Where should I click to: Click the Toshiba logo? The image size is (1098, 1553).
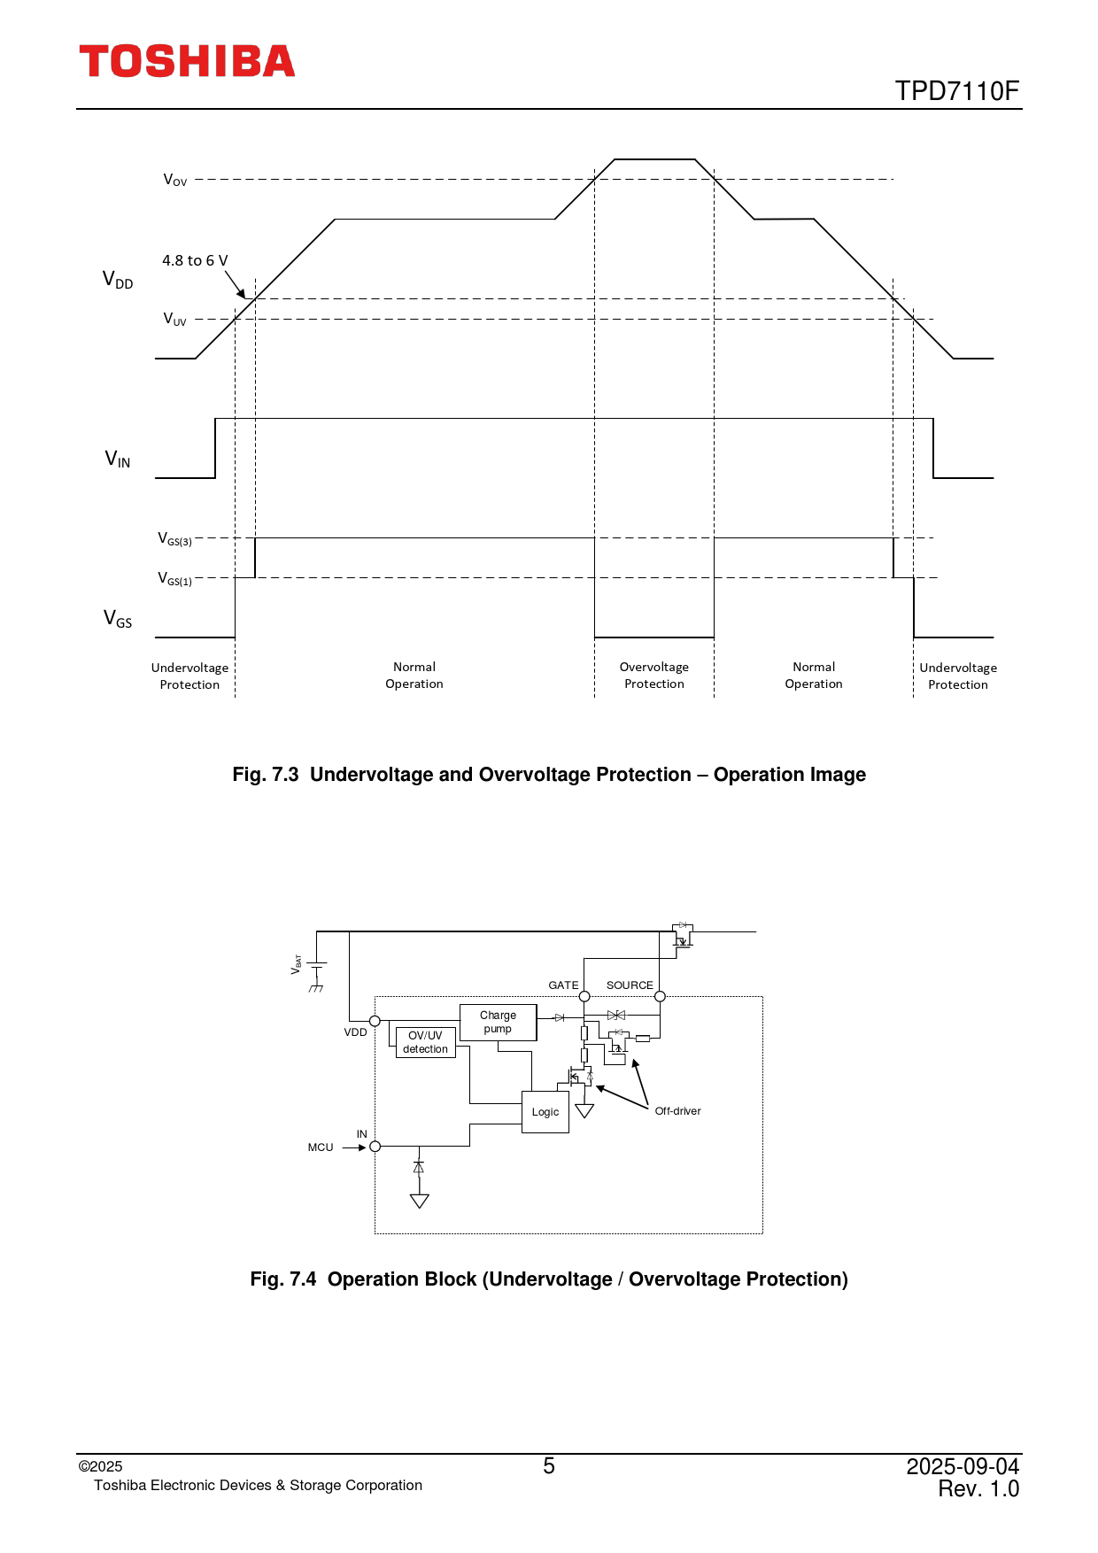187,61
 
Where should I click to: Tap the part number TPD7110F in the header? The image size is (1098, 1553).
956,91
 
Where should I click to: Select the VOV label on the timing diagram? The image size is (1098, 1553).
175,180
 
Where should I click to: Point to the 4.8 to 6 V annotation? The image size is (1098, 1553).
195,260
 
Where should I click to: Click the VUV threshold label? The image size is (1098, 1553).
175,319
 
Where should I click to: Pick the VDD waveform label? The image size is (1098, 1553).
118,280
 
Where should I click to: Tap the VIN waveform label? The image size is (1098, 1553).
118,459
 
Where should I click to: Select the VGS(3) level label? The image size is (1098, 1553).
174,538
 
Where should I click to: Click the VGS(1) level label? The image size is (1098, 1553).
174,578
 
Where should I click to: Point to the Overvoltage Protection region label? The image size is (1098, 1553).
653,675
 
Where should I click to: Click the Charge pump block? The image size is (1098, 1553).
498,1022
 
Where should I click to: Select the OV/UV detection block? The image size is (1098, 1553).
425,1042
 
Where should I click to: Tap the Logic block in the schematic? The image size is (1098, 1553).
545,1112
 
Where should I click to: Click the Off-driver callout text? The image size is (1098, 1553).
677,1111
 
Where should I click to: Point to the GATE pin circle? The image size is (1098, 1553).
584,997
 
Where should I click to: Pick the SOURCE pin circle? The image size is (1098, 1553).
660,997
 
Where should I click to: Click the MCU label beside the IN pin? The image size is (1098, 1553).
321,1147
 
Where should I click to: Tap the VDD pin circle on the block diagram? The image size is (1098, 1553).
375,1021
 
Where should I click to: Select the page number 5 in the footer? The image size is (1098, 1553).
549,1466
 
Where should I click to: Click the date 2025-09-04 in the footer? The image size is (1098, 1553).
963,1466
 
